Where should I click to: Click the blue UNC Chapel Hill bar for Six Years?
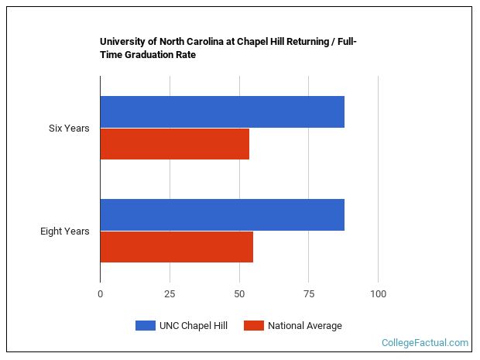coord(222,112)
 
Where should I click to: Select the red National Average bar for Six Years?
coord(175,144)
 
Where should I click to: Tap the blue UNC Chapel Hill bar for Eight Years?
coord(222,214)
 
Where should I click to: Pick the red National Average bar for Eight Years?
coord(177,247)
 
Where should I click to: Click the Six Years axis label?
coord(69,129)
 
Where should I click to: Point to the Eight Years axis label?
coord(65,231)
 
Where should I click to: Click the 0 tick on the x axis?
coord(100,293)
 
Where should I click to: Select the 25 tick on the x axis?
coord(170,293)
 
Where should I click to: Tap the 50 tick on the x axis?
coord(239,293)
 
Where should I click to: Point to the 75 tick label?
coord(308,293)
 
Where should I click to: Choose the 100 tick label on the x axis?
coord(378,293)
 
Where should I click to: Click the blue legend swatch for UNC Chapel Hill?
coord(146,326)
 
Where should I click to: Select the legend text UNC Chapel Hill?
coord(194,326)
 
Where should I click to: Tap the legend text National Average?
coord(305,326)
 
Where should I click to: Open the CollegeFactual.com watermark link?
coord(425,342)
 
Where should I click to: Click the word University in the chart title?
coord(122,42)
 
